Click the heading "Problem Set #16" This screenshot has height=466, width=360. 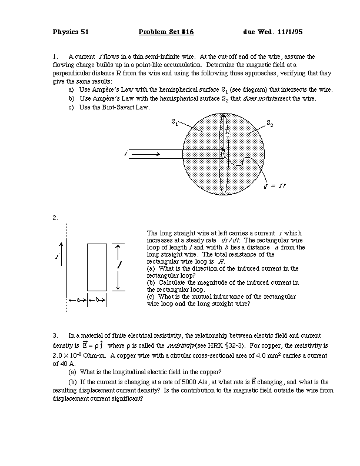click(x=166, y=31)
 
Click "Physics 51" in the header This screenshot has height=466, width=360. click(x=71, y=31)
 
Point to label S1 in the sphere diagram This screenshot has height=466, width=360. click(x=175, y=122)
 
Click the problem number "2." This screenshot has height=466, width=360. click(x=55, y=218)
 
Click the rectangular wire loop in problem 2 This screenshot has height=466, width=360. click(x=96, y=267)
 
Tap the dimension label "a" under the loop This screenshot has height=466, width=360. click(x=78, y=300)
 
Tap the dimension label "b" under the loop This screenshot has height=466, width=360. click(x=97, y=300)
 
